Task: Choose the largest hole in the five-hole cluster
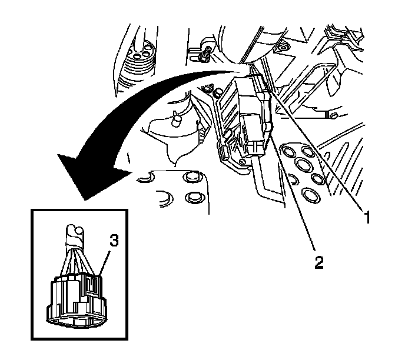(x=305, y=164)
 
